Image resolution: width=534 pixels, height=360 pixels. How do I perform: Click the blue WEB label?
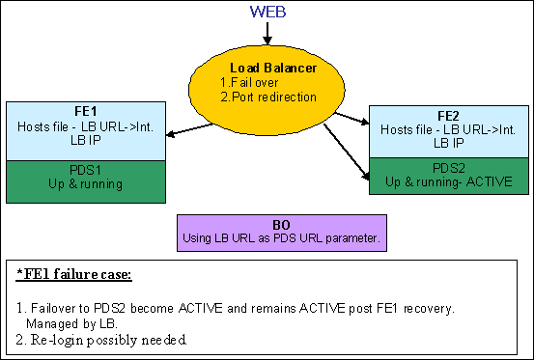[267, 12]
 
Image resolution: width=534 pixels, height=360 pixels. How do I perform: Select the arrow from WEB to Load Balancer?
[267, 34]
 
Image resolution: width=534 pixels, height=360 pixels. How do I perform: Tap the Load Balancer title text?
[273, 69]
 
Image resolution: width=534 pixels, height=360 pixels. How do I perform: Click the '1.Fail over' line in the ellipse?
[249, 82]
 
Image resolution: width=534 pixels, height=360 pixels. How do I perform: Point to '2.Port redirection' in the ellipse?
[268, 97]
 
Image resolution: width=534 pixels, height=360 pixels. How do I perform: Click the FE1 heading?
[86, 111]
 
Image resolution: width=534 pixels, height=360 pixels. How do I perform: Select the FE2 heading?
[448, 116]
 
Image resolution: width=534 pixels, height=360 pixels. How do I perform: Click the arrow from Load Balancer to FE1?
[189, 130]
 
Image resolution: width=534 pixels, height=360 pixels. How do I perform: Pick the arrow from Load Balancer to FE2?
[352, 118]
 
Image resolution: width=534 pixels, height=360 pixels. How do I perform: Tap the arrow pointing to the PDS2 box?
[347, 152]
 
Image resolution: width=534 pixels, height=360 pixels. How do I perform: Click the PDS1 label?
[86, 170]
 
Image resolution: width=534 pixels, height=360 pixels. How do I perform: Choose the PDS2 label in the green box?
[448, 168]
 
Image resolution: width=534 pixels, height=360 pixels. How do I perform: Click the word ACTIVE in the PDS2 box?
[489, 181]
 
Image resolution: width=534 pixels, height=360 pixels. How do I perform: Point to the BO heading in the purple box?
[281, 225]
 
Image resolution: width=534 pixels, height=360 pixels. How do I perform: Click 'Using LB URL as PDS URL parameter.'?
[281, 238]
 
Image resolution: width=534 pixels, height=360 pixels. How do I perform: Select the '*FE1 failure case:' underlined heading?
[74, 274]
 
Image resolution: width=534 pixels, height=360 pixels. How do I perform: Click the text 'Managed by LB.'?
[71, 323]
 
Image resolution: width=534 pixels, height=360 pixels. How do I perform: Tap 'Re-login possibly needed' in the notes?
[109, 340]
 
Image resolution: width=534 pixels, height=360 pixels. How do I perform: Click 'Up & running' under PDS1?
[86, 183]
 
